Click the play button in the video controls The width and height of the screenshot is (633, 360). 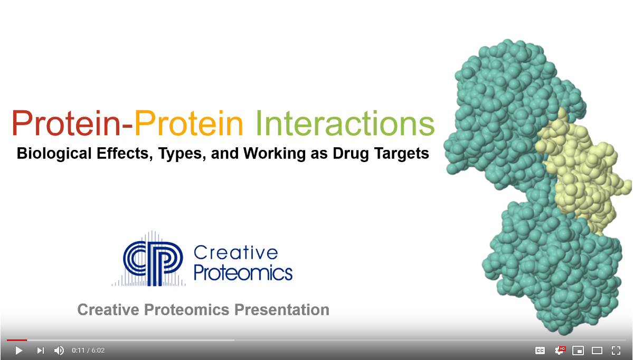(18, 350)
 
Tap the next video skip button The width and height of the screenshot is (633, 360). (40, 350)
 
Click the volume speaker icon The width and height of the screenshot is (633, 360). (59, 350)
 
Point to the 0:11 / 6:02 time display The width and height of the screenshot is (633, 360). (88, 350)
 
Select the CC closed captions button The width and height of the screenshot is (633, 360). (540, 350)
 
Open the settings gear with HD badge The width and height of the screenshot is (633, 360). (560, 350)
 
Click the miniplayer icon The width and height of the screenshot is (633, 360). (578, 350)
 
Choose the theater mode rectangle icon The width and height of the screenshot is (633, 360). (597, 350)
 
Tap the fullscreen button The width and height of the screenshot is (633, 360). (616, 350)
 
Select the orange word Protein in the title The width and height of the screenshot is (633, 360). (188, 123)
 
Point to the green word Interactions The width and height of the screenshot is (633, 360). (345, 123)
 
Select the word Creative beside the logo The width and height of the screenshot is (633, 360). (236, 253)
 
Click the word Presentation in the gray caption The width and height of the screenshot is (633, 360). (282, 309)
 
